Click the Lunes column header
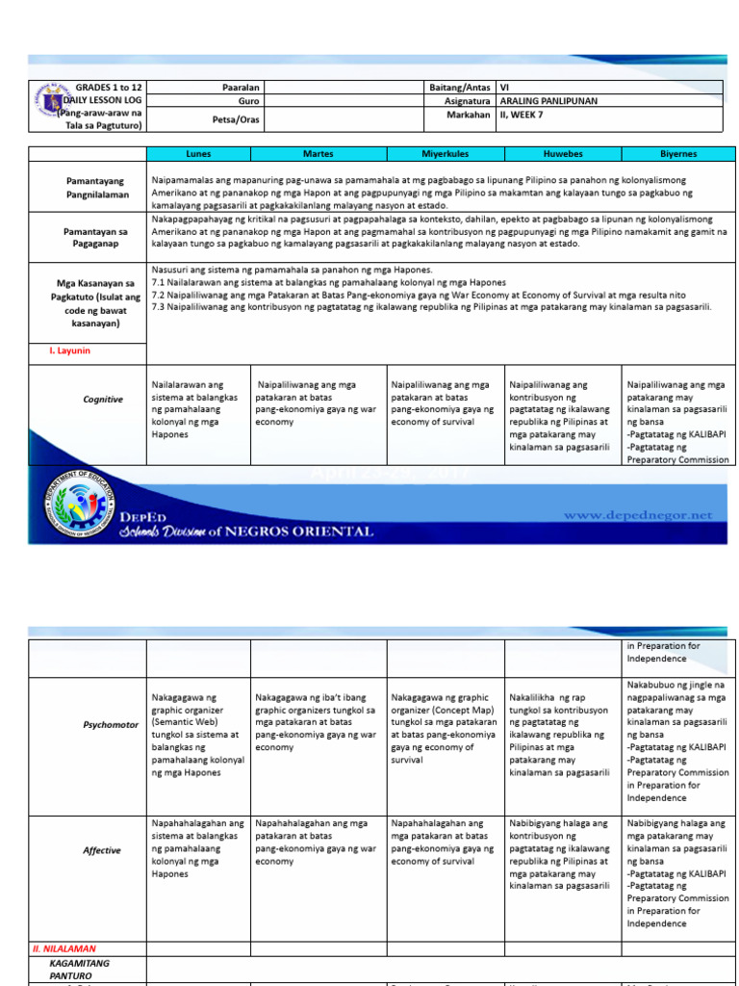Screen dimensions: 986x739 click(198, 153)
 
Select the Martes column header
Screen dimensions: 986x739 click(318, 153)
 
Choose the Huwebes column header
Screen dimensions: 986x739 click(563, 153)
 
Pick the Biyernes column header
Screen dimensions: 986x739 click(679, 153)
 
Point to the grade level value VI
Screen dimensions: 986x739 click(504, 87)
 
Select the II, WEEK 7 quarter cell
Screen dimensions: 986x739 click(528, 115)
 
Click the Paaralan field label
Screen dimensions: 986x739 click(242, 87)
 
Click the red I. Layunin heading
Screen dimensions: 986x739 click(57, 351)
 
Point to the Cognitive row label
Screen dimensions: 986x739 click(103, 400)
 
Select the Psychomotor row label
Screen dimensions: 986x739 click(111, 724)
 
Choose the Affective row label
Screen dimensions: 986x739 click(102, 850)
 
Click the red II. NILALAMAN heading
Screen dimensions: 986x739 click(64, 948)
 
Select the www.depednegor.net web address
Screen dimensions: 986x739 click(638, 515)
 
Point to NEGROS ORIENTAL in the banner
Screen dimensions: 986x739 click(306, 532)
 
